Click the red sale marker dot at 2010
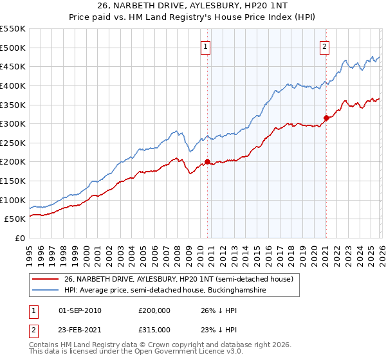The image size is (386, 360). click(207, 162)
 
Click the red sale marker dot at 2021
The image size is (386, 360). click(326, 118)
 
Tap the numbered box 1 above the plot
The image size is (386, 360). click(205, 46)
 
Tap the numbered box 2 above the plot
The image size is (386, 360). click(325, 46)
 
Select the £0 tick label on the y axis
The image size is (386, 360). click(19, 239)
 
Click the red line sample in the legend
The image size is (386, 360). click(46, 279)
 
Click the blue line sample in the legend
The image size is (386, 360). click(46, 291)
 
